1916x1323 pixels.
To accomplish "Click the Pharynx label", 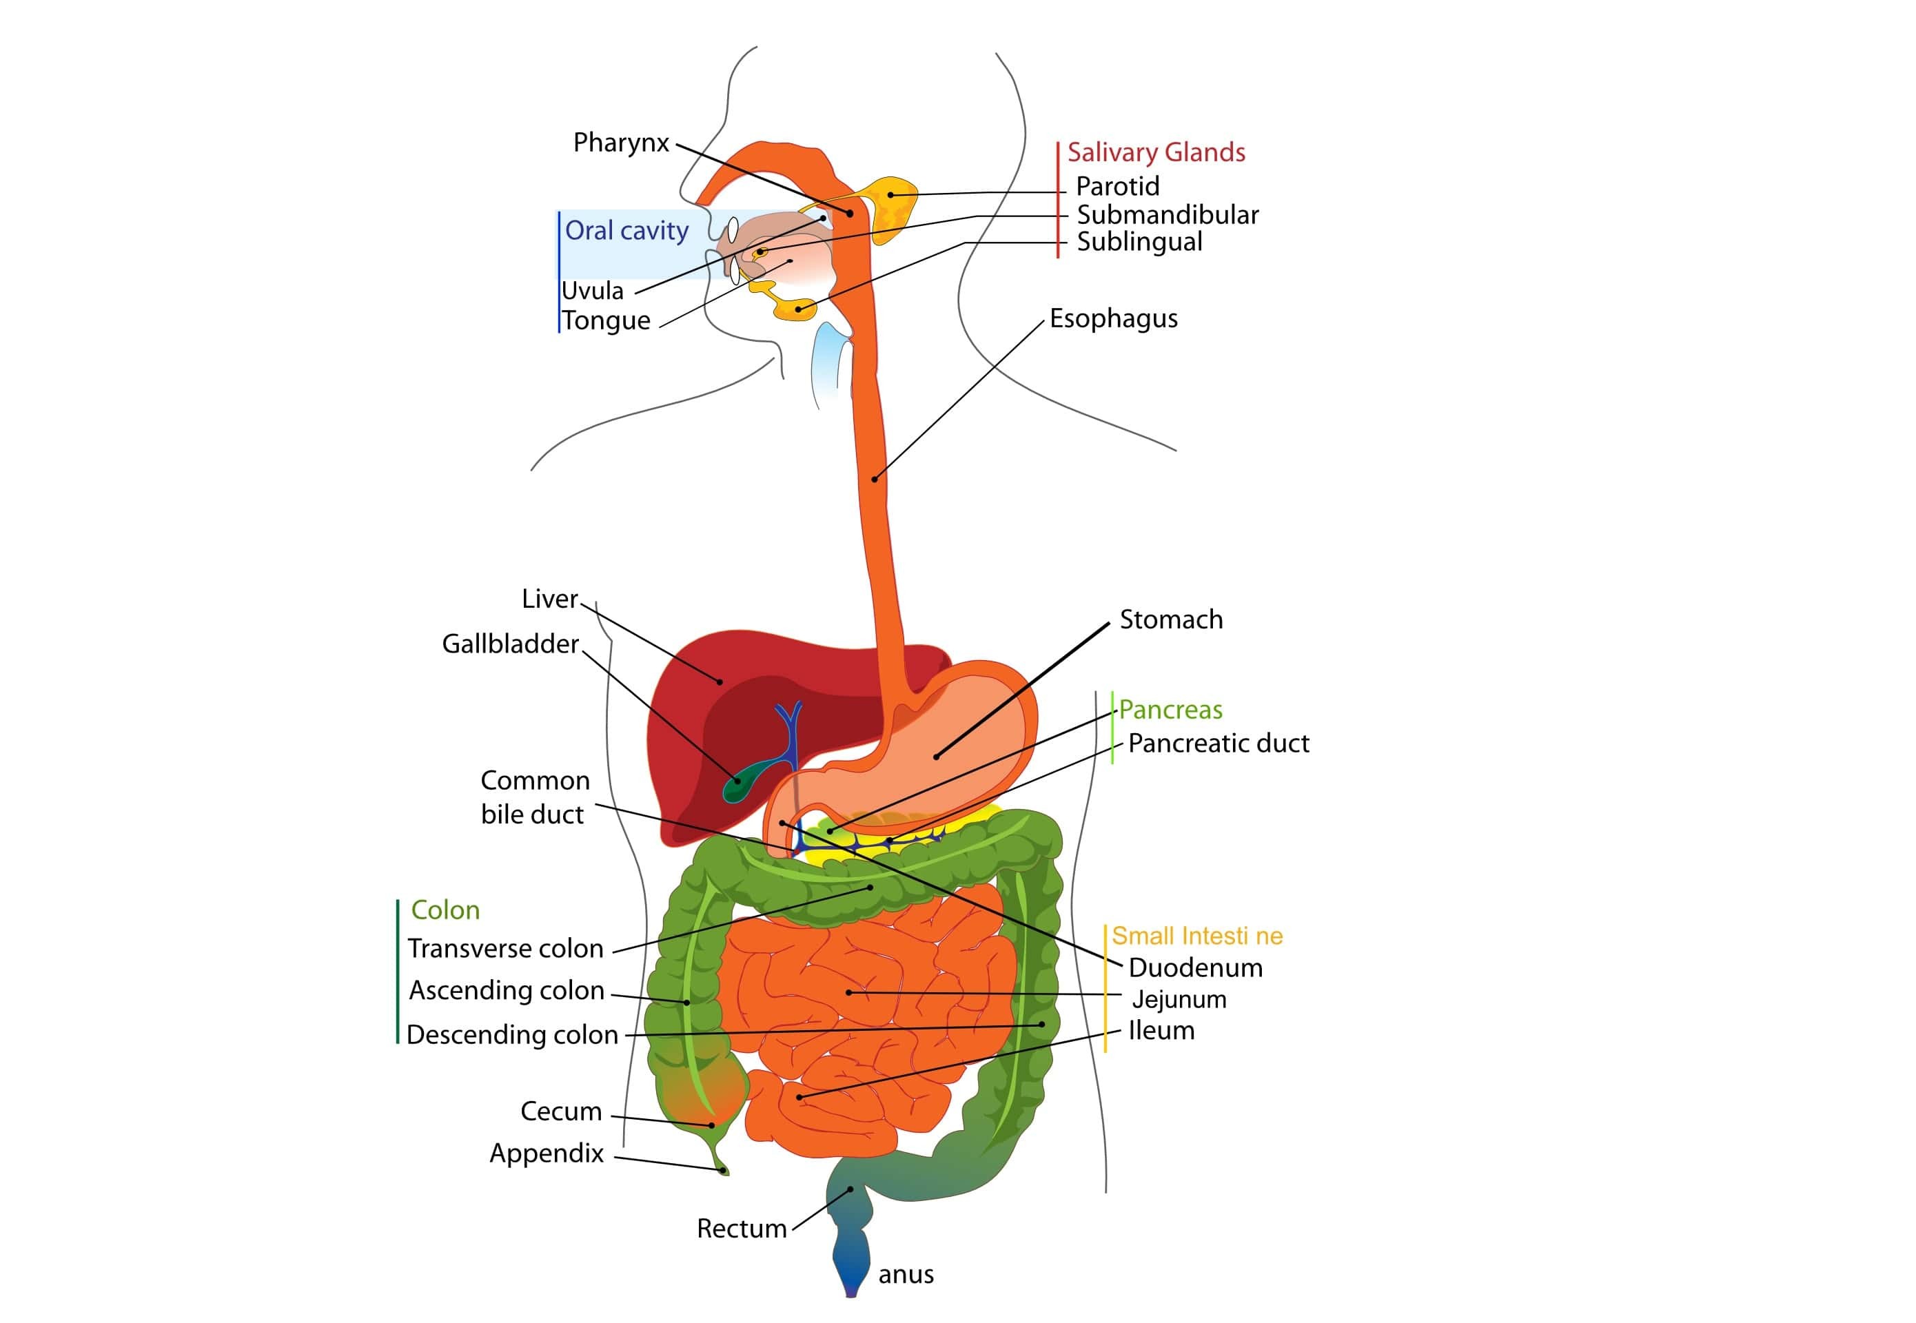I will tap(620, 143).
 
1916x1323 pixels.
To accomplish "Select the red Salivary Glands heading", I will tap(1156, 152).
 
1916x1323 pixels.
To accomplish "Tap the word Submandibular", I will tap(1167, 215).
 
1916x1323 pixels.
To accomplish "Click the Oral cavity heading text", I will tap(626, 230).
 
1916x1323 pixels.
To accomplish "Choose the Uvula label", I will tap(592, 291).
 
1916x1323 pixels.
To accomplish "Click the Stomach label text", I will tap(1171, 619).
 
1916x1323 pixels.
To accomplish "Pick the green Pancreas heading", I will tap(1170, 710).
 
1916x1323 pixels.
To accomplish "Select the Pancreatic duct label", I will tap(1218, 743).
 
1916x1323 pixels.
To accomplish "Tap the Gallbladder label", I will tap(510, 644).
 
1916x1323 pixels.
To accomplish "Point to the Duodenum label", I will tap(1194, 967).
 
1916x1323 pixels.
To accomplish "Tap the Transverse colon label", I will tap(506, 948).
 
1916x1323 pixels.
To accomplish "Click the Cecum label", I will tap(560, 1111).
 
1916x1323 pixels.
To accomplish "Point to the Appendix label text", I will tap(547, 1153).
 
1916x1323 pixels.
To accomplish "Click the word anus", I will tap(906, 1274).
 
